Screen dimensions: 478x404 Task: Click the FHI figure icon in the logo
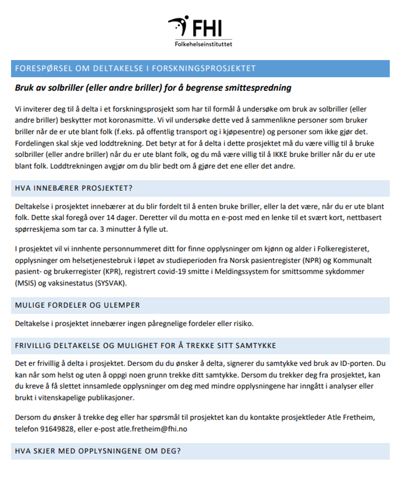[x=179, y=26]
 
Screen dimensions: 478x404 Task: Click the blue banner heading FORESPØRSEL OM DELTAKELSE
[x=135, y=69]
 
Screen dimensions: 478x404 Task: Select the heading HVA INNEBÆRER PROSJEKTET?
[x=74, y=189]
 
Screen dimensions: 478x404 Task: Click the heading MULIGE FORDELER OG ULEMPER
[x=77, y=305]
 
